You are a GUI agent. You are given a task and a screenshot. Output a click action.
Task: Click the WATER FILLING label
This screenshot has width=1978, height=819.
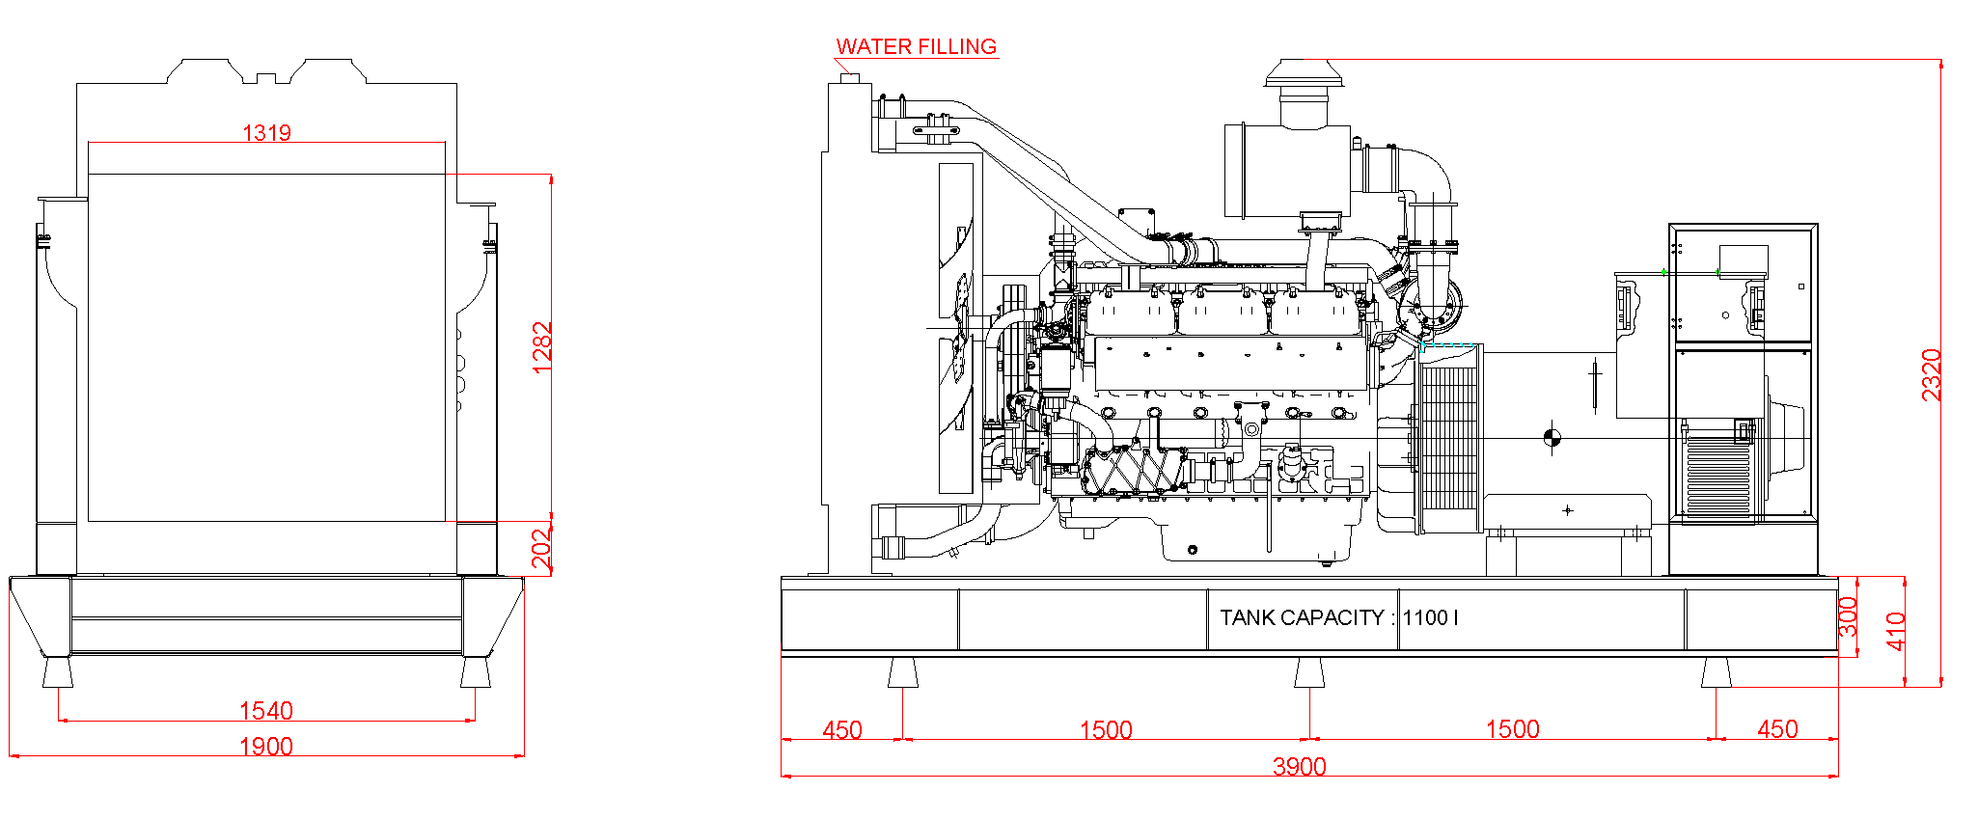[x=916, y=46]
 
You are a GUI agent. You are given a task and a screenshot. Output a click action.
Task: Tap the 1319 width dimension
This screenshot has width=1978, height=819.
[x=266, y=132]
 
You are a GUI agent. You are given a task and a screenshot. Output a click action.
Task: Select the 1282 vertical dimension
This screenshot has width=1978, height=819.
[x=542, y=347]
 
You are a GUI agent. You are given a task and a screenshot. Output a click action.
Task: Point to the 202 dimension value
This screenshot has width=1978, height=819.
[x=542, y=548]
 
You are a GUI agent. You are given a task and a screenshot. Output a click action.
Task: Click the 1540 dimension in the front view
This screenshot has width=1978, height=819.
[x=265, y=711]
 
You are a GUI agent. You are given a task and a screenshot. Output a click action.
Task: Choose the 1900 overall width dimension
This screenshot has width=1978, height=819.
[x=265, y=746]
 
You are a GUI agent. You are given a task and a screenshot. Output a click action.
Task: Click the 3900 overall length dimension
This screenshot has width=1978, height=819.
[x=1299, y=766]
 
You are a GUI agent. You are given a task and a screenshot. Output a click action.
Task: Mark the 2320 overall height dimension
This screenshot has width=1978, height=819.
[x=1931, y=374]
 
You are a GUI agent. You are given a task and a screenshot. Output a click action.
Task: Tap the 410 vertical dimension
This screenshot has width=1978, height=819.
[x=1895, y=631]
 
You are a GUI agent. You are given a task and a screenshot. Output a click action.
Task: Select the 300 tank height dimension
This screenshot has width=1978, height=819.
[x=1847, y=616]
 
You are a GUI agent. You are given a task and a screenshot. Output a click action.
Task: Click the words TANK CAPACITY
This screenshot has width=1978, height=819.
[x=1302, y=617]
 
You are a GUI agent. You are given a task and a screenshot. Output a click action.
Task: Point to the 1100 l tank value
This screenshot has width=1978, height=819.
[x=1430, y=617]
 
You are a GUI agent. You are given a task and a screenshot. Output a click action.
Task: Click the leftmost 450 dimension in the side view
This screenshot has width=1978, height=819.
[x=841, y=729]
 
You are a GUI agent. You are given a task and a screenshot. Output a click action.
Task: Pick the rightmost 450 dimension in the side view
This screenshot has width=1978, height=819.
[x=1776, y=728]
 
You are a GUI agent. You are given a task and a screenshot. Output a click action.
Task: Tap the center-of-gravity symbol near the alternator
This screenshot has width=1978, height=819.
[x=1552, y=438]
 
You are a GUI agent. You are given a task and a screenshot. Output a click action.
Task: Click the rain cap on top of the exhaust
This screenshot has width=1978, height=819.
[x=1304, y=73]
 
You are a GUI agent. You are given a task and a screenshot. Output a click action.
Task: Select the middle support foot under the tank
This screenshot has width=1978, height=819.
[x=1309, y=672]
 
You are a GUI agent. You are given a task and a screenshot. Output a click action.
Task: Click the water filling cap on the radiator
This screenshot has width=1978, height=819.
[x=850, y=76]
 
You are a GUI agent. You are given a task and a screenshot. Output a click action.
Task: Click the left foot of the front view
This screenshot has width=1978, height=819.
[x=58, y=671]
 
